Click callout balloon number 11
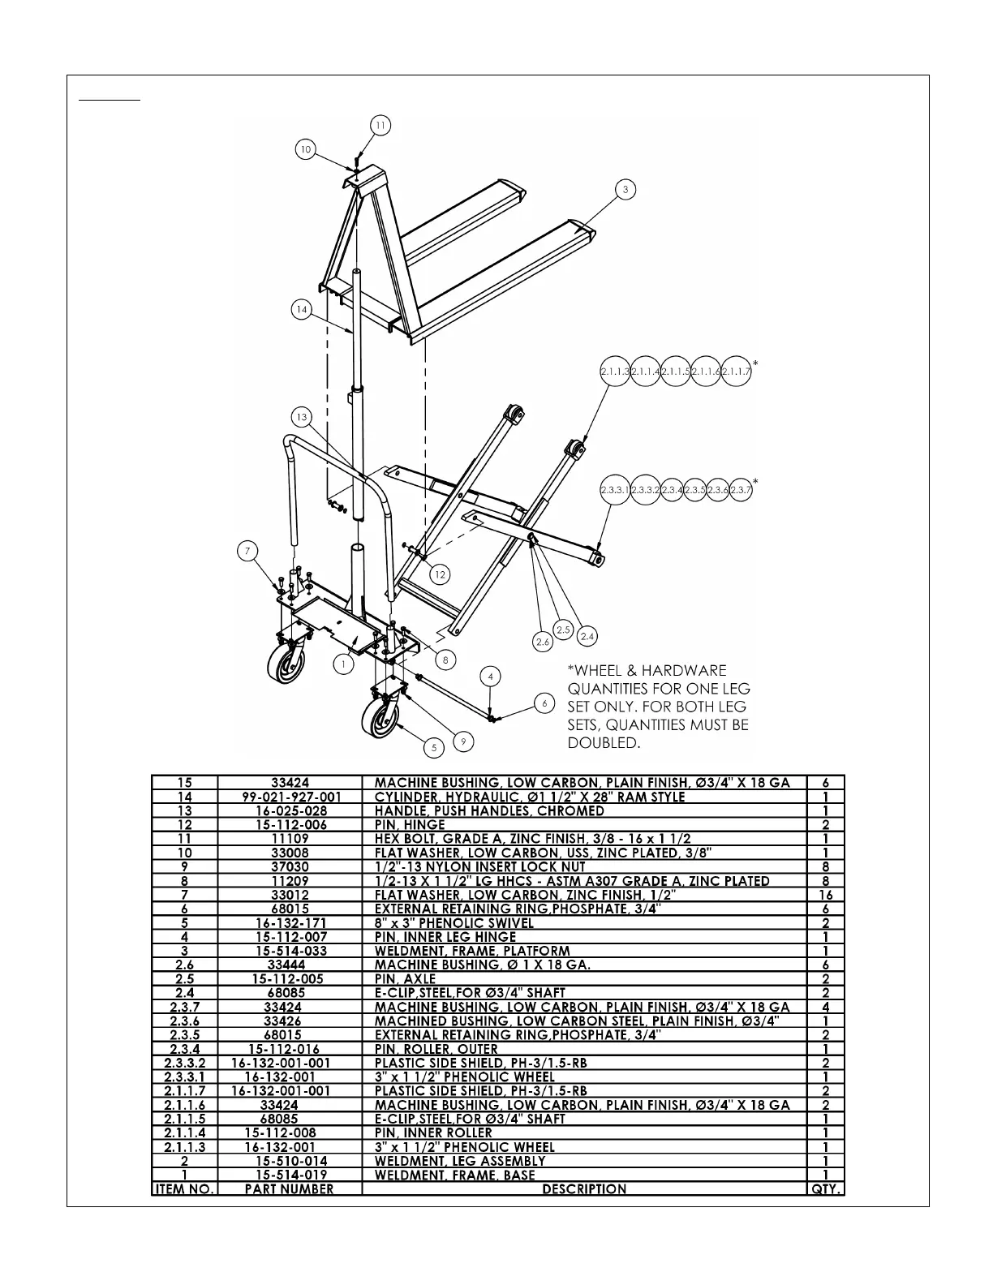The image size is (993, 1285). click(380, 125)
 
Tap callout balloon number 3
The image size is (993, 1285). click(625, 190)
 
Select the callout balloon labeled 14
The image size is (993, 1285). click(302, 309)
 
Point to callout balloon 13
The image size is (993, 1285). click(302, 417)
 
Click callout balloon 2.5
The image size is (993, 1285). click(564, 630)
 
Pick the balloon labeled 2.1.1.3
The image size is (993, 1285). click(615, 371)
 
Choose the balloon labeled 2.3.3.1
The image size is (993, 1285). click(615, 490)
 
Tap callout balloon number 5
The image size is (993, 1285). click(435, 747)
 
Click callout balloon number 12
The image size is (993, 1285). click(440, 574)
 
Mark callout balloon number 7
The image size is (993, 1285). click(248, 552)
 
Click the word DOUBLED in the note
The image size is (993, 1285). click(604, 743)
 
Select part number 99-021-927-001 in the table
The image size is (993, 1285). click(292, 797)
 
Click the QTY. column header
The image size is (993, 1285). click(826, 1189)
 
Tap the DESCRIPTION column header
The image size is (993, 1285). click(584, 1189)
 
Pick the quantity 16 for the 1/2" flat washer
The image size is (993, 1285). click(826, 895)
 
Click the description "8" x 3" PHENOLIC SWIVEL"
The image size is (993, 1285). click(454, 923)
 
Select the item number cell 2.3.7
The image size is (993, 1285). click(185, 1007)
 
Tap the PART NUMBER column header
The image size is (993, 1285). click(290, 1189)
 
